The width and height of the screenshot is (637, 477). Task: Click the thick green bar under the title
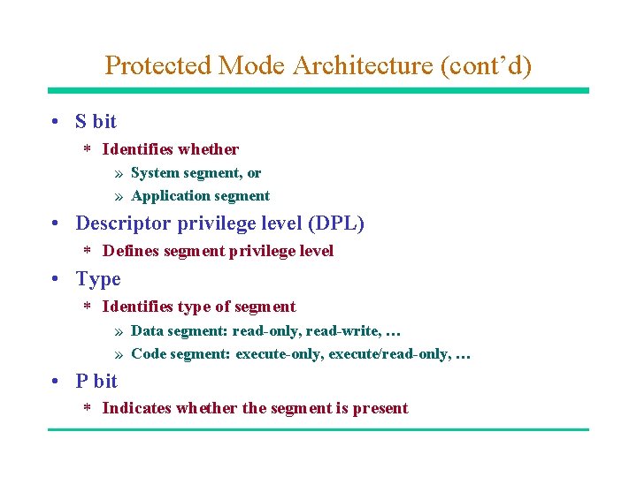pos(318,90)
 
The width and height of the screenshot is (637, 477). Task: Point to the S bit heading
pos(96,122)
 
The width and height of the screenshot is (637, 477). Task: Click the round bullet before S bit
pos(56,122)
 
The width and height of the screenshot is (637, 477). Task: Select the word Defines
pos(129,251)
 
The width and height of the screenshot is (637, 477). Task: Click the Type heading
pos(98,279)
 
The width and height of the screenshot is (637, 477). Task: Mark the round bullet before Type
pos(56,279)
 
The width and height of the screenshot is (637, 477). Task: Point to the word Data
pos(147,331)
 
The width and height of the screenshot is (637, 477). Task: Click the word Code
pos(149,354)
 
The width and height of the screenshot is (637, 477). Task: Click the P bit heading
pos(96,382)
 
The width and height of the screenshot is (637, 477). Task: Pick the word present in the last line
pos(380,408)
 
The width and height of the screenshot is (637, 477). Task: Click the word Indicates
pos(137,408)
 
